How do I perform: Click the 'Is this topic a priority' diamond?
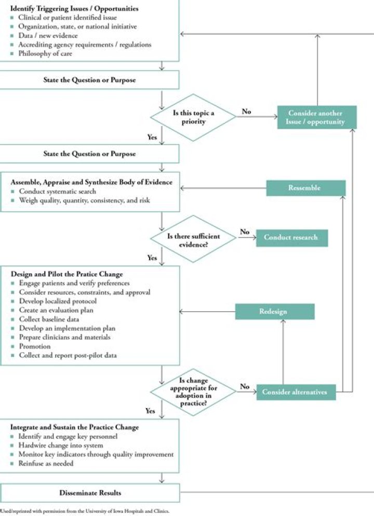(193, 117)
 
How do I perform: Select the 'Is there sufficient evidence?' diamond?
(193, 240)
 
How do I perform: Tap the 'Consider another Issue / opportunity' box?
(316, 117)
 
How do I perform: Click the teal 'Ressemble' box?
(305, 188)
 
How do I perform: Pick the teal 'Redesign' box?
(275, 311)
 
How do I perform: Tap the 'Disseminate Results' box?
(89, 493)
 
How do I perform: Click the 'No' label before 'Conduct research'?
(245, 232)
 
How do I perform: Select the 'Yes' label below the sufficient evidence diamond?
(152, 258)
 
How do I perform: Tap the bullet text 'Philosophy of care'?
(46, 53)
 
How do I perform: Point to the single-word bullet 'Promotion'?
(35, 346)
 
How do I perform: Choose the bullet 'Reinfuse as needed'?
(46, 463)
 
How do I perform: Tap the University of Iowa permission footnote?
(86, 510)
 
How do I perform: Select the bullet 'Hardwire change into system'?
(61, 445)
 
